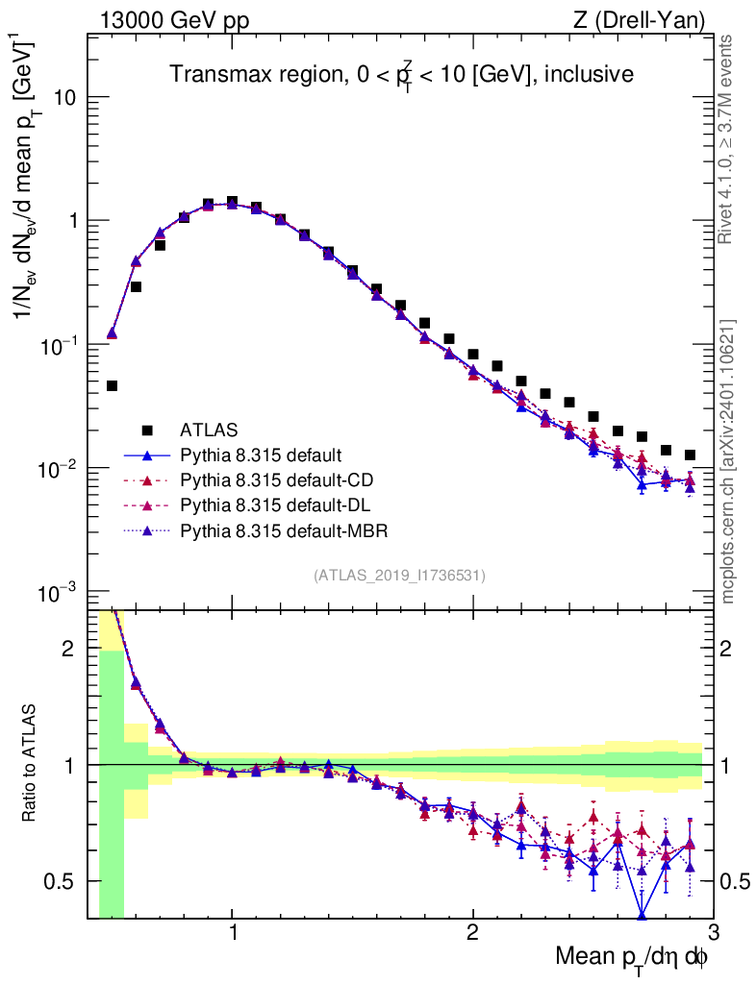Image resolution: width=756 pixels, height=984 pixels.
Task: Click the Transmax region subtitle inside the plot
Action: tap(401, 74)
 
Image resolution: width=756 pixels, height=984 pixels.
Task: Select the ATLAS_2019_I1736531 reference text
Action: tap(399, 576)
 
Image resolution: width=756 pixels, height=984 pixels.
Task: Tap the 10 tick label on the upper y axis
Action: tap(65, 98)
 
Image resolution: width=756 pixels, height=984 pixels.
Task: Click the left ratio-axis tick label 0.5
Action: tap(63, 881)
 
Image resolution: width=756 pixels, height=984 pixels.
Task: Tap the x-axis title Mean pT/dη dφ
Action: tap(632, 958)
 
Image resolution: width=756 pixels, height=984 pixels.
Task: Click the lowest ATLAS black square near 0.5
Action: tap(112, 386)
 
